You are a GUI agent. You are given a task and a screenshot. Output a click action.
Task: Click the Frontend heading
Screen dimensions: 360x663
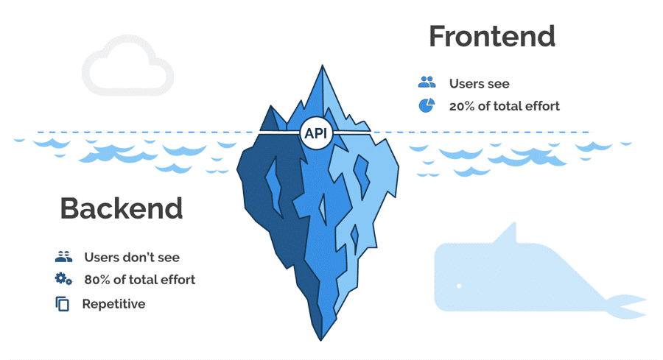point(491,37)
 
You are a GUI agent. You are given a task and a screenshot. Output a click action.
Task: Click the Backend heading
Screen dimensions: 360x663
point(121,209)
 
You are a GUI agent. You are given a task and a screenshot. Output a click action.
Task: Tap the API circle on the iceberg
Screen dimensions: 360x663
point(317,134)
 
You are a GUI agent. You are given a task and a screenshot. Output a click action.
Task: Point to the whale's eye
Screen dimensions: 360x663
point(458,286)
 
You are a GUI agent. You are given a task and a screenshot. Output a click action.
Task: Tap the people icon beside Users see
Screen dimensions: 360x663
point(427,83)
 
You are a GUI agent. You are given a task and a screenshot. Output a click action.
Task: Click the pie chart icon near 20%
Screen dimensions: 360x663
point(427,105)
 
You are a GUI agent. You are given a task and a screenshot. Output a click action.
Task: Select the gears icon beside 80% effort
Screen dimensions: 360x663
point(63,279)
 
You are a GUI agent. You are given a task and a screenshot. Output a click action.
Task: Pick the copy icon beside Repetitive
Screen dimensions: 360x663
point(63,303)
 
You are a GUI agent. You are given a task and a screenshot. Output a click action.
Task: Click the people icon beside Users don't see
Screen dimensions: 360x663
point(63,257)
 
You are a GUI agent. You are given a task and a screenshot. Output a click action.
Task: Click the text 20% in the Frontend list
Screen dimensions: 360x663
point(463,106)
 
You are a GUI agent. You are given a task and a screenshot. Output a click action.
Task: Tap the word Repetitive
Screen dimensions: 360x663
point(113,303)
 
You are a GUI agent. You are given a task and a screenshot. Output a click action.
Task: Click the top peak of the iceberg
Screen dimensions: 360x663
point(321,68)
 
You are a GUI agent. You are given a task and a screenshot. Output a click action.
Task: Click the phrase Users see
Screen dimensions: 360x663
point(479,84)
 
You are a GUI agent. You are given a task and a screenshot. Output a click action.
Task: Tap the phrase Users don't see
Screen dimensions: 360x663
point(132,258)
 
